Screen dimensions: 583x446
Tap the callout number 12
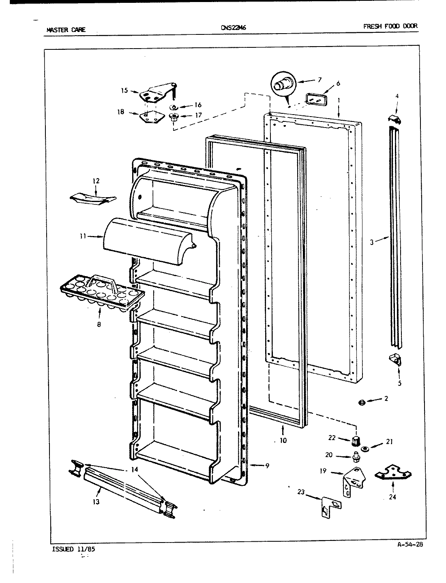[96, 181]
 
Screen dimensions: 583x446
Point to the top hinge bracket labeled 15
[156, 93]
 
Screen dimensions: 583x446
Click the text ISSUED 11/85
[69, 549]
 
